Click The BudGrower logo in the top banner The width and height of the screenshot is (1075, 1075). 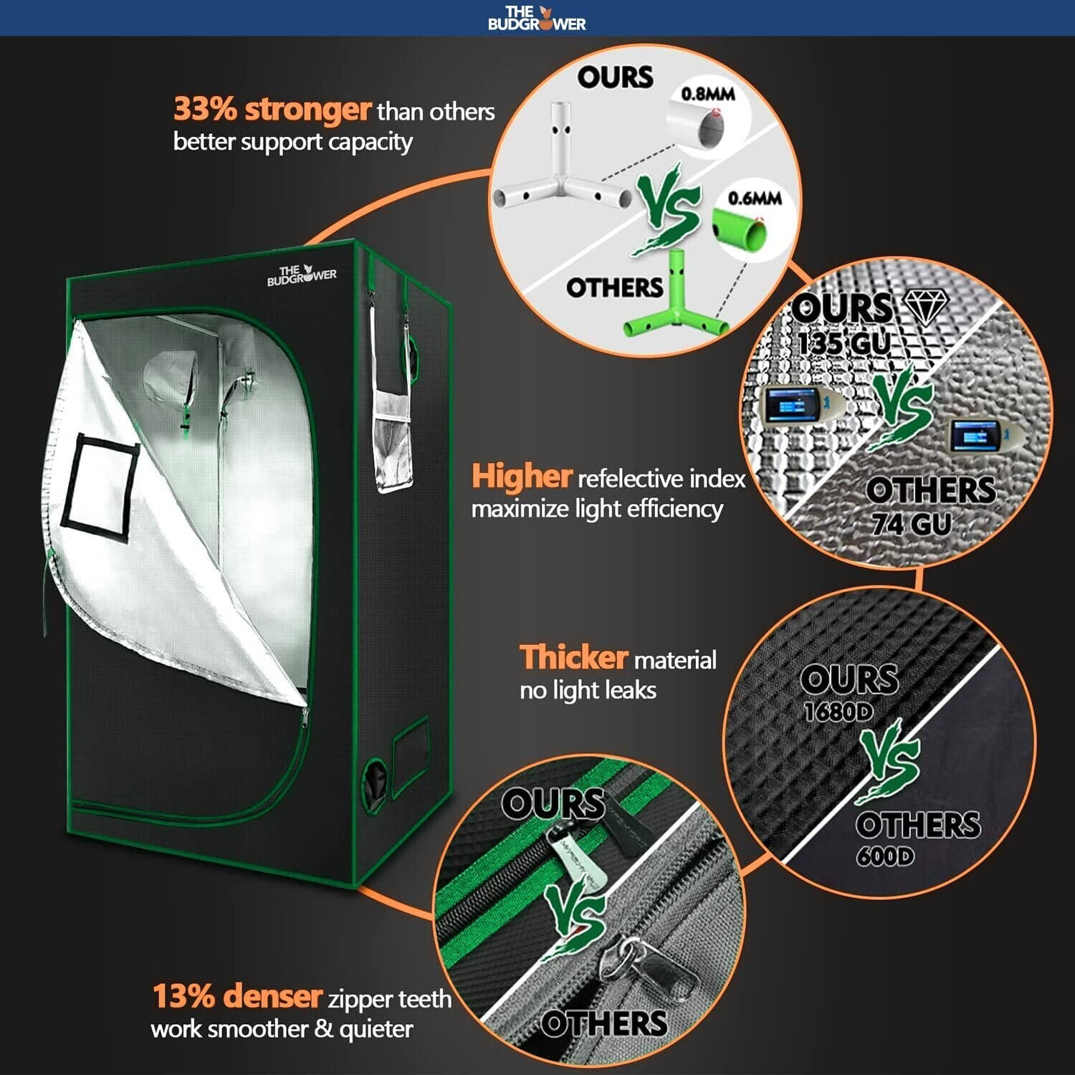coord(537,18)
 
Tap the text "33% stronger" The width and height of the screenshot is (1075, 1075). coord(272,110)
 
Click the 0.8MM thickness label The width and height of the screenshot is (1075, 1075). coord(707,94)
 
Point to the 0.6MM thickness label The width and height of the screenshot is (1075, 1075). coord(754,199)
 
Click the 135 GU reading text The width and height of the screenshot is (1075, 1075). coord(843,343)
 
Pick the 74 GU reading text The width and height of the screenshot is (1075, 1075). coord(911,525)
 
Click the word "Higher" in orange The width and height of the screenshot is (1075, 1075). coord(521,477)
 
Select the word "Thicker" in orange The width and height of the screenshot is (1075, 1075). coord(573,657)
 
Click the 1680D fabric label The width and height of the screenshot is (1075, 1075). coord(838,712)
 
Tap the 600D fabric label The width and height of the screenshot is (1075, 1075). coord(885,856)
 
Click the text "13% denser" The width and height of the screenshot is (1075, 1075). coord(237,996)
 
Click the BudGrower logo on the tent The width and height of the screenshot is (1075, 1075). coord(301,275)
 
